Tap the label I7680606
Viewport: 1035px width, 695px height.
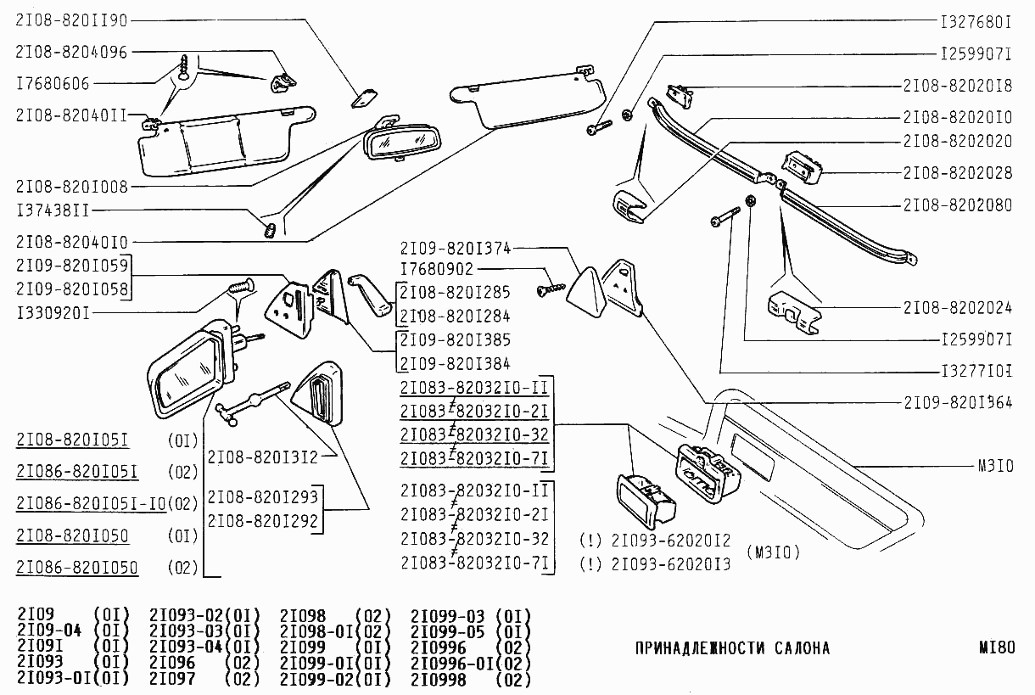pyautogui.click(x=53, y=84)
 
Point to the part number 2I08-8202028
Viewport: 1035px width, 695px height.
pyautogui.click(x=957, y=173)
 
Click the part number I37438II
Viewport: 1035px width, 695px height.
pyautogui.click(x=53, y=210)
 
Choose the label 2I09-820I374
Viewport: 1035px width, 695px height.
pyautogui.click(x=455, y=249)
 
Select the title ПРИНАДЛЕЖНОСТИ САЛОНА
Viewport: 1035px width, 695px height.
pyautogui.click(x=732, y=649)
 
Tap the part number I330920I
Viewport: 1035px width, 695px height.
pyautogui.click(x=53, y=313)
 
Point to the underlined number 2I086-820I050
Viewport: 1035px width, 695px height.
pyautogui.click(x=77, y=567)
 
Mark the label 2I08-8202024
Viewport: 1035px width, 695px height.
pyautogui.click(x=957, y=307)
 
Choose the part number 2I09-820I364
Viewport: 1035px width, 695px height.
pyautogui.click(x=957, y=401)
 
